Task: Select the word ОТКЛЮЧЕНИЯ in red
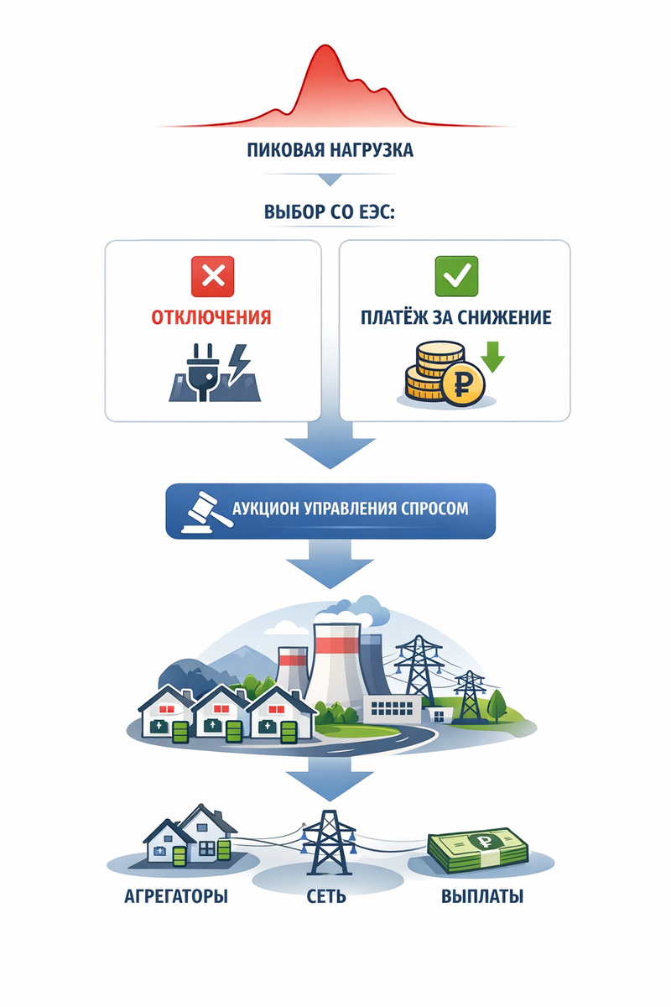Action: pos(211,318)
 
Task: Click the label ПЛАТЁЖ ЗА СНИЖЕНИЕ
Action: pos(455,318)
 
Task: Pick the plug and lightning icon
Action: pos(213,372)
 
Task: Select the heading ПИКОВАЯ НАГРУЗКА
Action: pos(330,151)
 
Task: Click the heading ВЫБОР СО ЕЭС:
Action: pos(330,211)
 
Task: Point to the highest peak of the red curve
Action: pos(330,49)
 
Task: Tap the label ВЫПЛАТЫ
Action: pos(482,896)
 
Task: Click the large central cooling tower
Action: pos(335,663)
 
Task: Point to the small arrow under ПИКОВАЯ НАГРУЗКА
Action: pos(329,180)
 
